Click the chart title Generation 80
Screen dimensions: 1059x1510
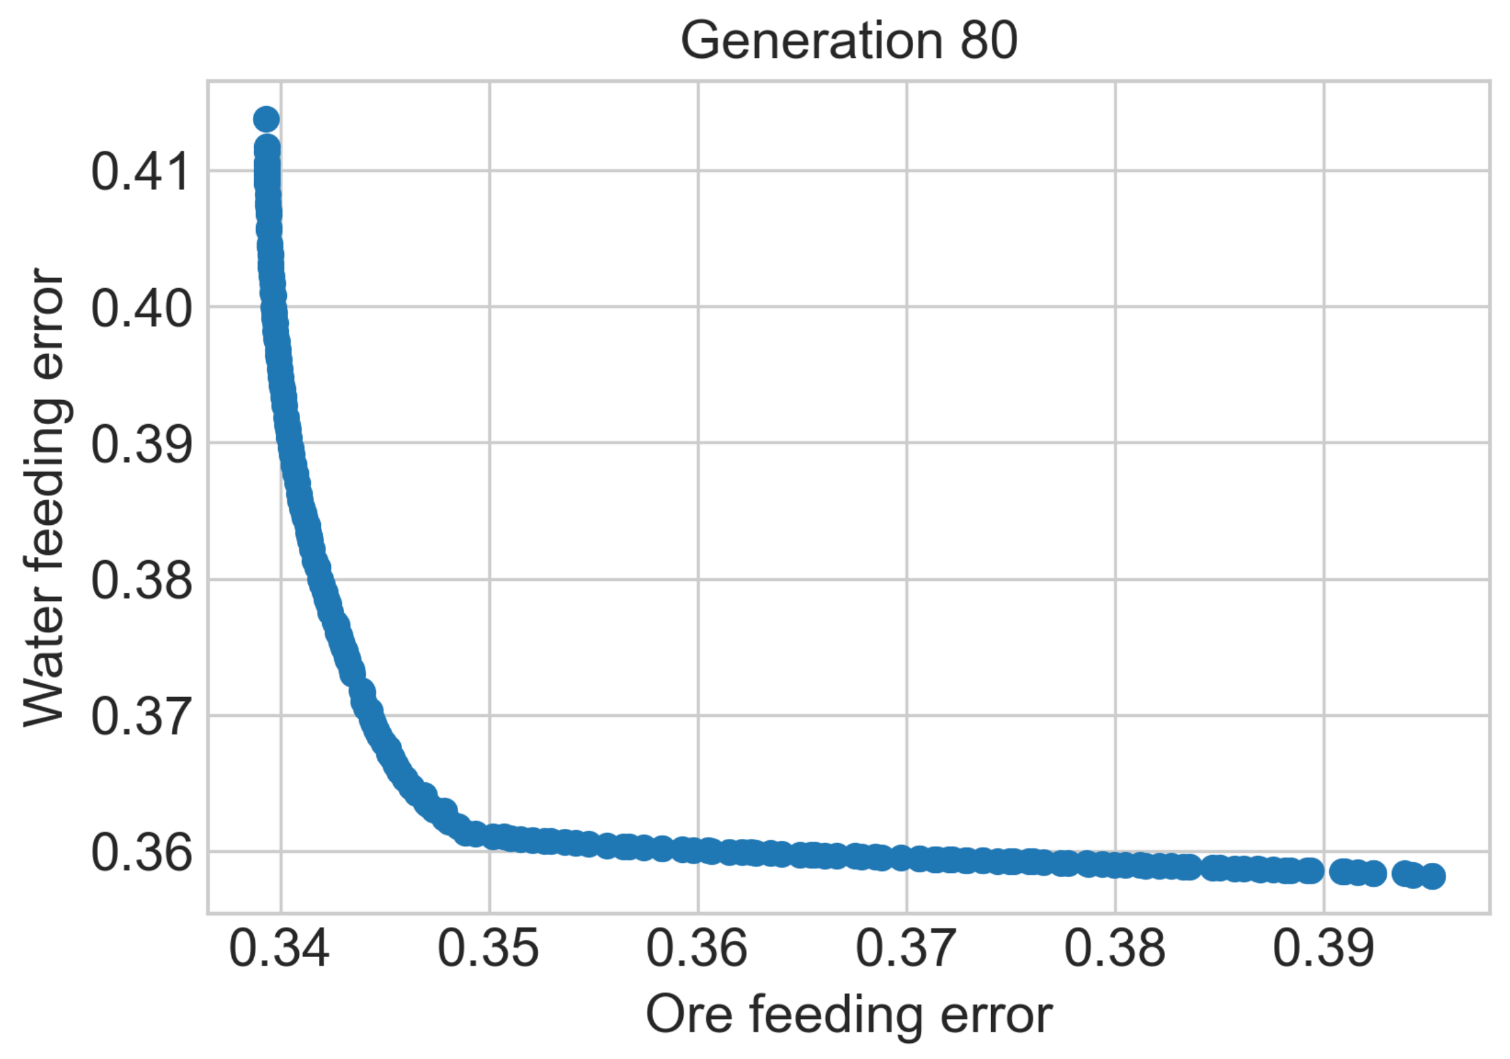(848, 41)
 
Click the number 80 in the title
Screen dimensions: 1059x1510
(988, 41)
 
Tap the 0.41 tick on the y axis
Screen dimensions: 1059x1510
(141, 173)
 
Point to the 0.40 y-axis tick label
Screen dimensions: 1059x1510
(141, 309)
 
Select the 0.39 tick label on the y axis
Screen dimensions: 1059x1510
(141, 445)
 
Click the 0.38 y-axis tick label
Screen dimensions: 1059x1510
(141, 581)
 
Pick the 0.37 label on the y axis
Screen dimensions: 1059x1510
(141, 718)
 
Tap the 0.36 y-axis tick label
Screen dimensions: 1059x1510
(141, 854)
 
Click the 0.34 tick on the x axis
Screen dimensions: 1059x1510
(279, 949)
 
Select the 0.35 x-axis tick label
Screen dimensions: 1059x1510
(488, 949)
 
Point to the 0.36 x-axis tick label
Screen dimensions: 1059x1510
(697, 949)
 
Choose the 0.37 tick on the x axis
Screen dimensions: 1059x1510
(906, 949)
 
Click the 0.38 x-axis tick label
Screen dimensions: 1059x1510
(1114, 949)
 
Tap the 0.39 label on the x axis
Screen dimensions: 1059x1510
(1323, 949)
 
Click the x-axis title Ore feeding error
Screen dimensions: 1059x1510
(848, 1016)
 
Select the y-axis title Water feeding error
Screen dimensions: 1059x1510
(45, 497)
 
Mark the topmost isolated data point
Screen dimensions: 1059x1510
(266, 119)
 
